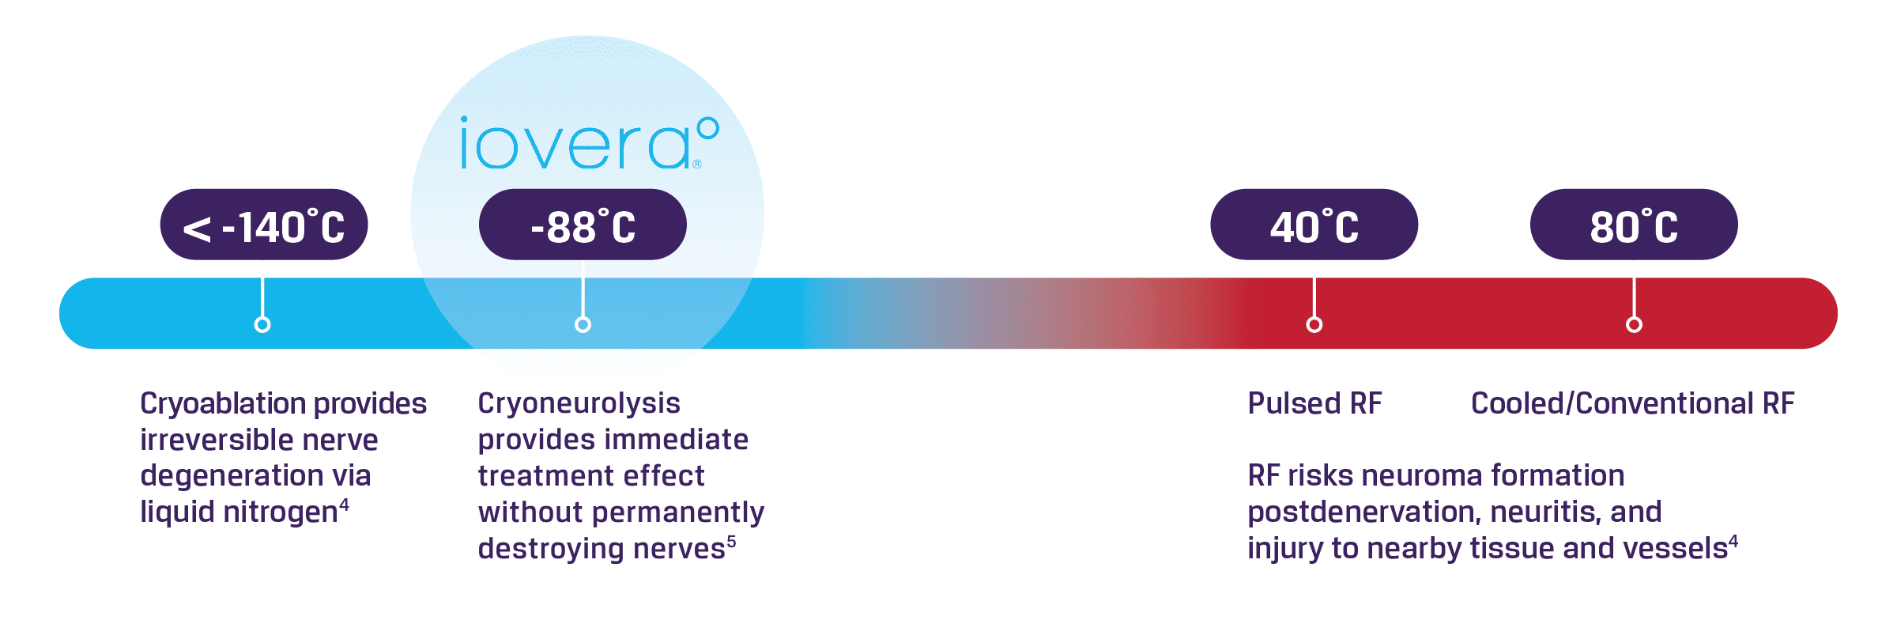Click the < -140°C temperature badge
coord(263,225)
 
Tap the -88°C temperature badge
coord(583,225)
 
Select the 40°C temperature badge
coord(1314,225)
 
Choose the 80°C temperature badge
coord(1634,225)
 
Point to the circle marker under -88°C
coord(583,324)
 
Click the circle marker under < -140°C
coord(262,324)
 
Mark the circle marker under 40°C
coord(1314,324)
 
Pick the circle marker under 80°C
coord(1634,324)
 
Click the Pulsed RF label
coord(1314,403)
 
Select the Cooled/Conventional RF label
coord(1632,403)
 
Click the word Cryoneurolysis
coord(579,404)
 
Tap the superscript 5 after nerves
coord(731,541)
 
